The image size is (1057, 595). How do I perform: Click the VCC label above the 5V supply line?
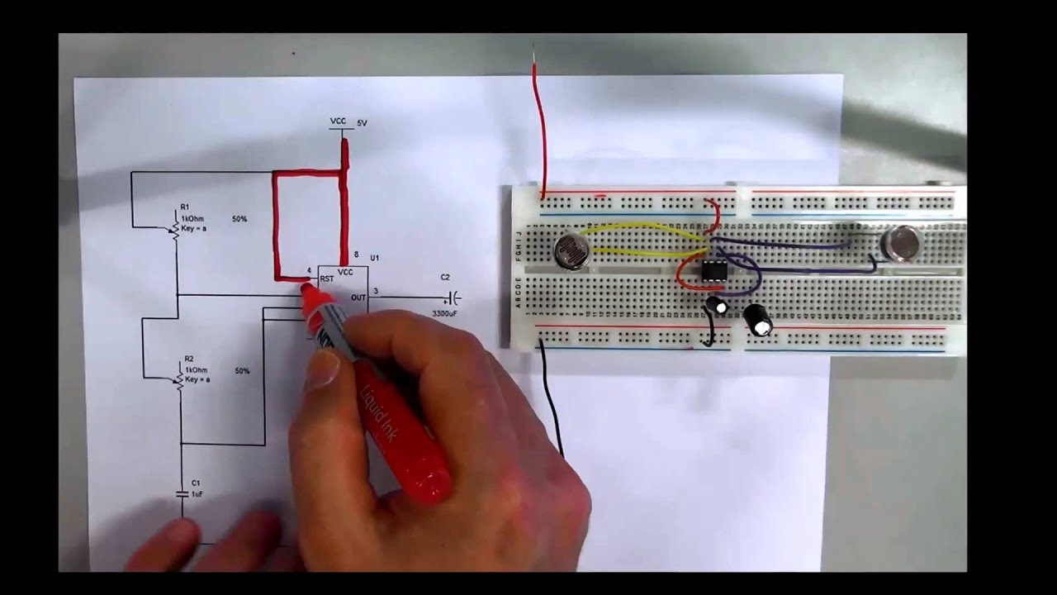click(338, 121)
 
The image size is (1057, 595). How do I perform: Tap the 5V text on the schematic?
click(362, 123)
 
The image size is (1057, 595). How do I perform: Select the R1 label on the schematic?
click(185, 207)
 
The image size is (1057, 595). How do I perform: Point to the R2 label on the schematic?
click(188, 359)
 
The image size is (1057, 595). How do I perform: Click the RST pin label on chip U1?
click(326, 279)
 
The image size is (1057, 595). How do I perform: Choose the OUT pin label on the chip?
click(358, 297)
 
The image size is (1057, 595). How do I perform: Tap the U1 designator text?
click(374, 259)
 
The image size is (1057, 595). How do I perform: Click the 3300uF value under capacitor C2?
click(446, 314)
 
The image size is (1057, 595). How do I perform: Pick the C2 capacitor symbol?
click(453, 297)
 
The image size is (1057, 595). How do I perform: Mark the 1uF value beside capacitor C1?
click(197, 494)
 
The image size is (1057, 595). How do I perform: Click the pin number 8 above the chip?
click(356, 255)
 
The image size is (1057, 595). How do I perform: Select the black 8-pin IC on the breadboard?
click(714, 271)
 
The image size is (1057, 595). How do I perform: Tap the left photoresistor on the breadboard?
click(571, 251)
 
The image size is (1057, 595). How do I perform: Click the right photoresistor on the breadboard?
click(901, 243)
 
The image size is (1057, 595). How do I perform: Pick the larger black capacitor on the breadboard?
click(758, 321)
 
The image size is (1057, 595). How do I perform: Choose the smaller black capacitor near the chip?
click(717, 306)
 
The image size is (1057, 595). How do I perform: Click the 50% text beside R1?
click(239, 219)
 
